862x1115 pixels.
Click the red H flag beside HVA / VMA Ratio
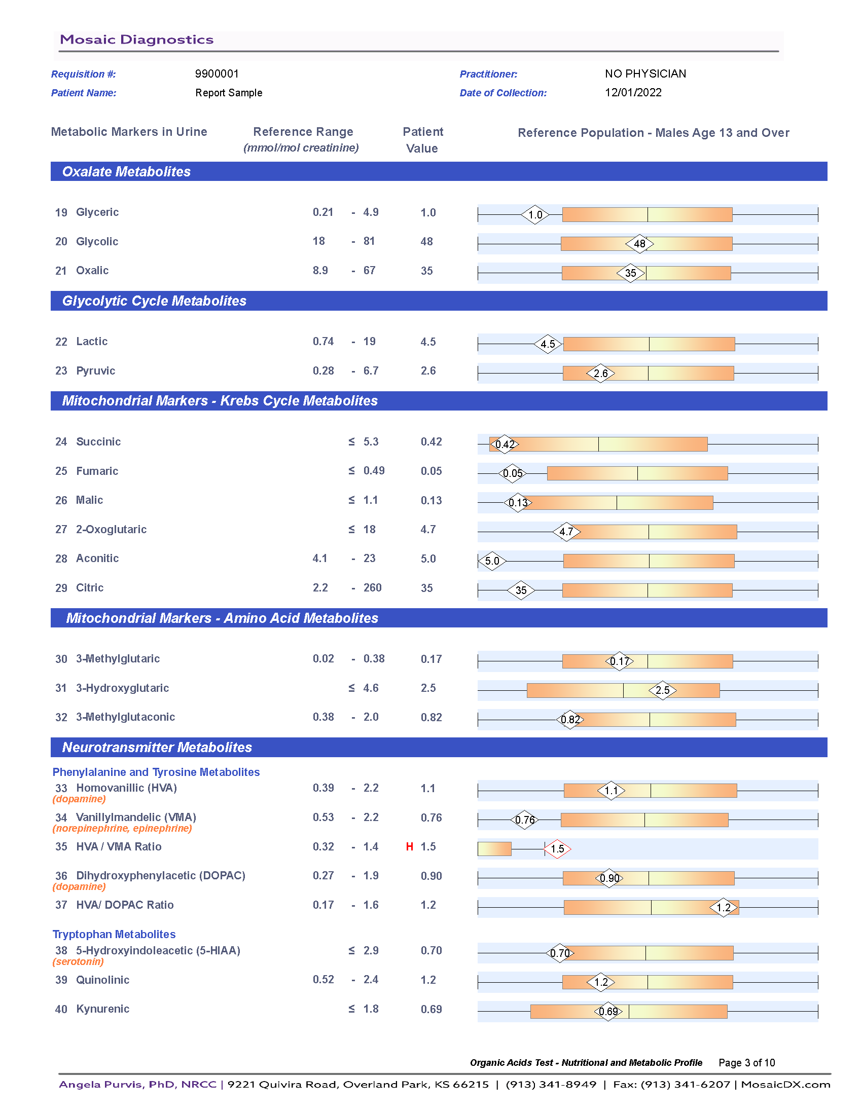pos(409,846)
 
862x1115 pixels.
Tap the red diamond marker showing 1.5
pos(557,848)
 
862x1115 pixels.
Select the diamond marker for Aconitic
pos(492,561)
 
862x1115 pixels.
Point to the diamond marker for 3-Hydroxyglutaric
pos(662,690)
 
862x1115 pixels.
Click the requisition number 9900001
pos(217,73)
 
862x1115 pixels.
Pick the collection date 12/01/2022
pos(633,92)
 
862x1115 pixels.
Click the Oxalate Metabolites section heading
pos(126,171)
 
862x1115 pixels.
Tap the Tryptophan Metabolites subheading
pos(114,934)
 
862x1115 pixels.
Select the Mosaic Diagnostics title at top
pos(136,40)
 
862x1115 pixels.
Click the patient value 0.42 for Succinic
pos(431,441)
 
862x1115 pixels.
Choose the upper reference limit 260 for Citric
pos(372,587)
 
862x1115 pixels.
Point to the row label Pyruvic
pos(95,370)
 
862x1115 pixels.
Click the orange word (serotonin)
pos(78,961)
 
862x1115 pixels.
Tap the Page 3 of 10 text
pos(746,1062)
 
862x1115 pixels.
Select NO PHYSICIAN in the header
pos(645,73)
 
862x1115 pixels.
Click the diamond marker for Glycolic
pos(639,243)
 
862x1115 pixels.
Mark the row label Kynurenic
pos(102,1009)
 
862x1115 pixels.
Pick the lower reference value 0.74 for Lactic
pos(324,341)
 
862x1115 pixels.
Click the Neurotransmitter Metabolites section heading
pos(157,748)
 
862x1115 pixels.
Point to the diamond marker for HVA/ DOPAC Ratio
pos(724,907)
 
